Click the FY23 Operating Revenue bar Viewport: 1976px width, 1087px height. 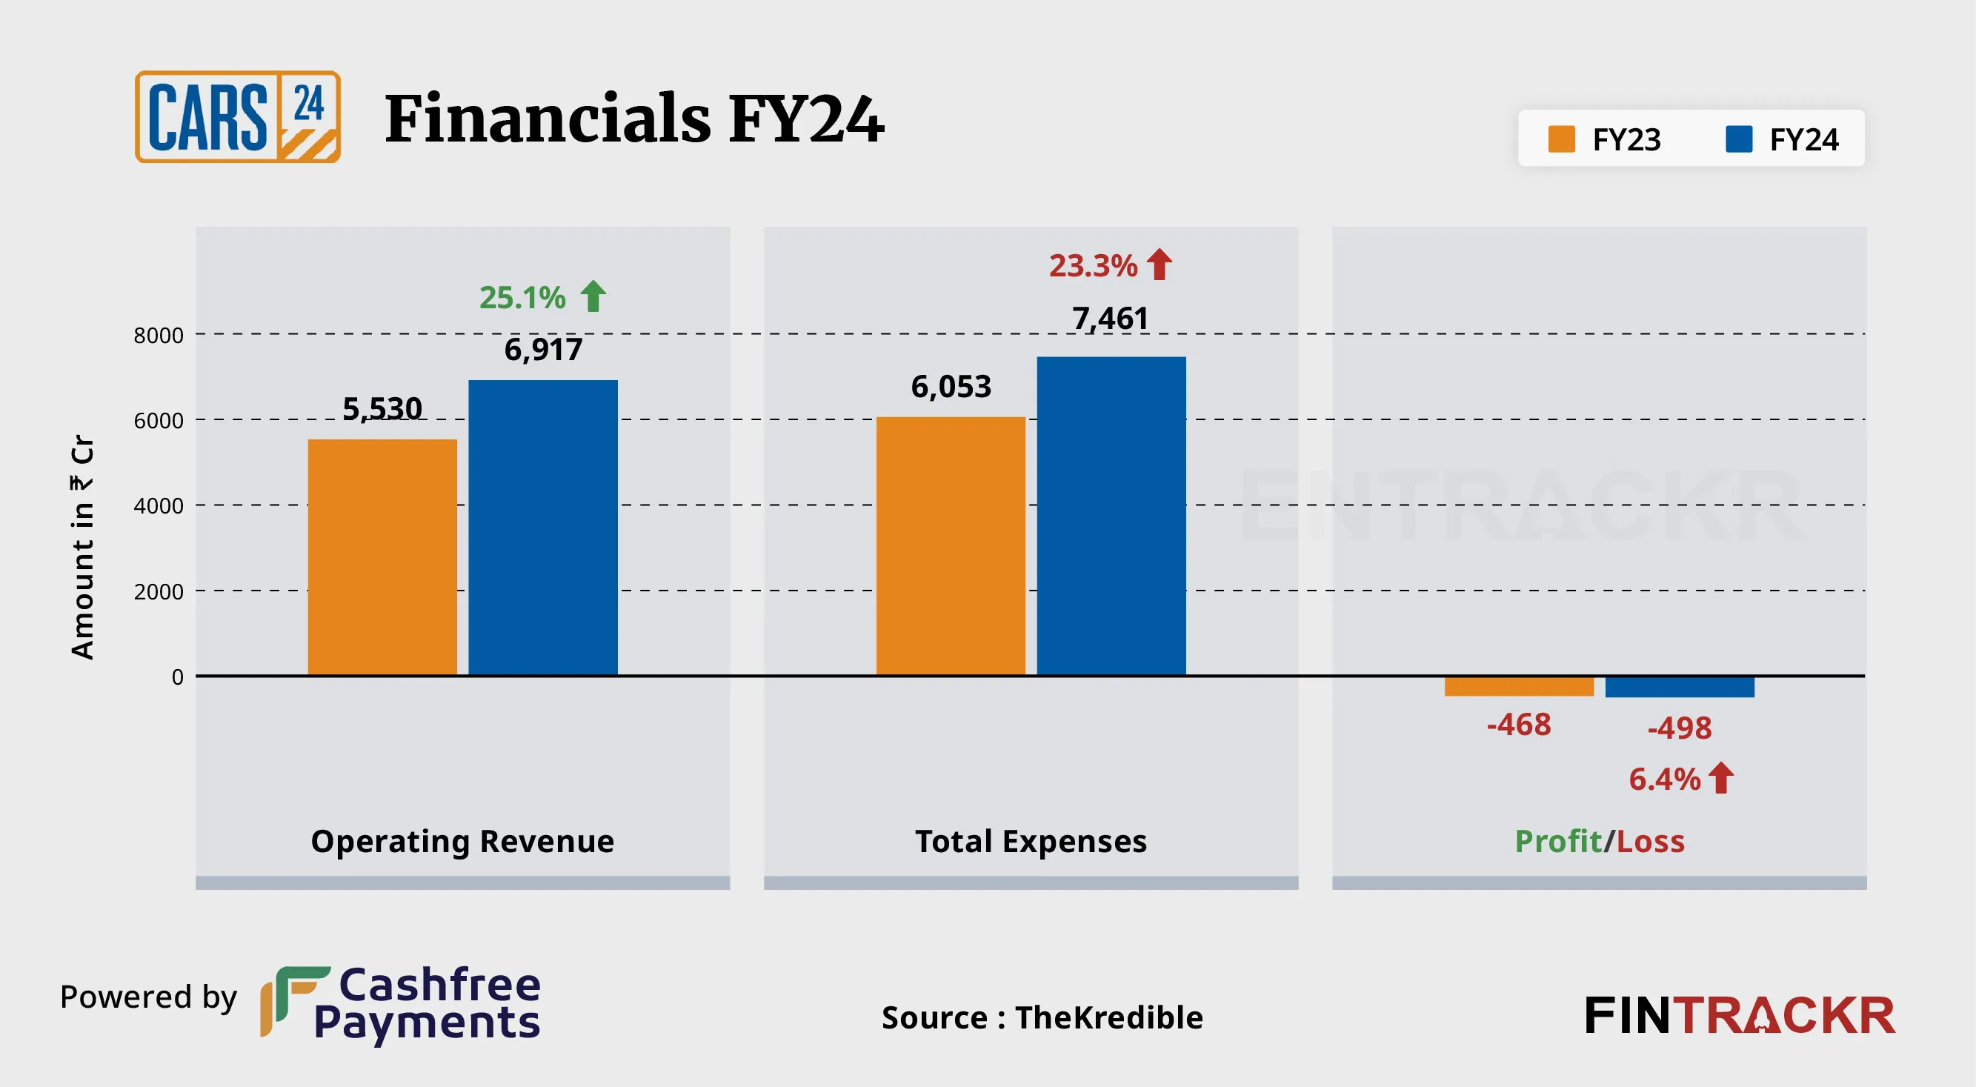tap(382, 557)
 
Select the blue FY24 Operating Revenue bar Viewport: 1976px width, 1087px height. tap(543, 528)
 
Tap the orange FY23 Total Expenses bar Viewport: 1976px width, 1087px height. tap(951, 546)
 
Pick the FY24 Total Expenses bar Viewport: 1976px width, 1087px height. tap(1111, 516)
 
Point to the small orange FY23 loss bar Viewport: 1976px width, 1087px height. tap(1519, 686)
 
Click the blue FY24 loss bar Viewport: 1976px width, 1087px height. tap(1679, 687)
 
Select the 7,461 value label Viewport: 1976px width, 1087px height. tap(1110, 319)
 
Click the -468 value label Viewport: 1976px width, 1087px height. tap(1519, 725)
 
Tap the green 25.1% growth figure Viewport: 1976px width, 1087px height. tap(522, 298)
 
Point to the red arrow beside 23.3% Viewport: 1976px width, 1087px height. tap(1159, 265)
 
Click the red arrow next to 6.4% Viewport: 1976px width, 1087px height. tap(1721, 778)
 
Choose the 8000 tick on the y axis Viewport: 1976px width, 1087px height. tap(159, 335)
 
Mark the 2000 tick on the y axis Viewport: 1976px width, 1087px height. tap(159, 591)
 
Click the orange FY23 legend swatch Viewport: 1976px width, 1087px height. tap(1561, 139)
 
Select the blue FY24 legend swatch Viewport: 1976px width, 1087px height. tap(1739, 139)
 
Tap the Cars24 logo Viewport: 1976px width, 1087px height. tap(238, 116)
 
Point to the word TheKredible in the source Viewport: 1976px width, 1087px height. tap(1109, 1018)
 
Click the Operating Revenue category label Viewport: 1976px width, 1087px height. tap(462, 842)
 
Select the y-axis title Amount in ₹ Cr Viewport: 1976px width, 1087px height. tap(83, 547)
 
